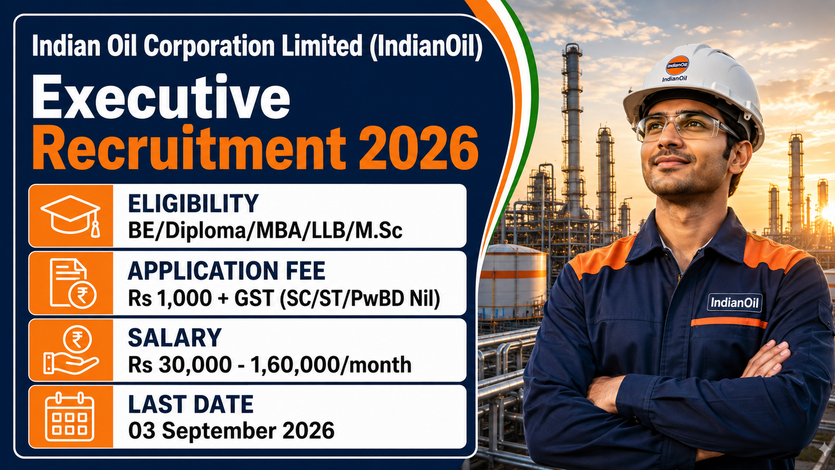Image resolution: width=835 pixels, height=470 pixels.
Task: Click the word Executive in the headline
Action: click(x=161, y=97)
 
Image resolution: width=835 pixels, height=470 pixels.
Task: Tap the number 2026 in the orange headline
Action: click(x=418, y=148)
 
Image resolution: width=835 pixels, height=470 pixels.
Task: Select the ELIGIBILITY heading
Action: click(x=193, y=203)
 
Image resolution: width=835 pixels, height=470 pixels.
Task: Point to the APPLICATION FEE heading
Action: click(x=226, y=271)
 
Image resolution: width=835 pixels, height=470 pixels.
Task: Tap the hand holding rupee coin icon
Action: click(x=71, y=350)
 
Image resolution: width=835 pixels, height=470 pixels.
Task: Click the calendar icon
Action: click(x=70, y=417)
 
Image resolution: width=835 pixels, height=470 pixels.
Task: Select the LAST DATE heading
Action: click(x=191, y=404)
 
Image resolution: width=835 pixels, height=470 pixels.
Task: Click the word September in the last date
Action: click(x=219, y=431)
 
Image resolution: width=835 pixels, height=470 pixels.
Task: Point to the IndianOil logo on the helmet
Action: click(x=677, y=65)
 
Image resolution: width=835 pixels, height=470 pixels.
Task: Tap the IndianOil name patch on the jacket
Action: click(x=734, y=302)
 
